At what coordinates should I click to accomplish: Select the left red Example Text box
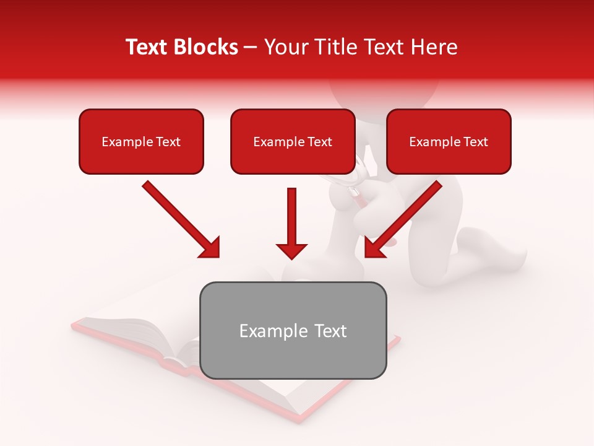point(141,141)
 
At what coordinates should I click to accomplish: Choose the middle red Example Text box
point(293,141)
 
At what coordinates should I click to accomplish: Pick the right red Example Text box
point(449,141)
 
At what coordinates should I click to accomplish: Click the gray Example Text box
point(293,330)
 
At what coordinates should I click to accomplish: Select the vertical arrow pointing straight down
point(291,223)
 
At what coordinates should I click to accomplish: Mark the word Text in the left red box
point(168,142)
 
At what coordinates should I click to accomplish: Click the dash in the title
point(251,48)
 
